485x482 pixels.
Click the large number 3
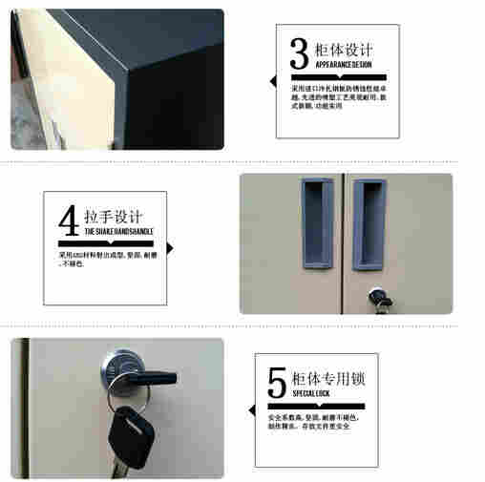coord(298,52)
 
